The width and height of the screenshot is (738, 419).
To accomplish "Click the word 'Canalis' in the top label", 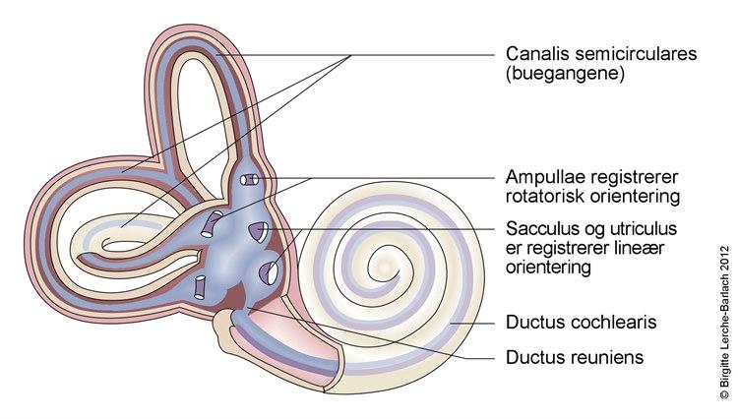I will coord(532,54).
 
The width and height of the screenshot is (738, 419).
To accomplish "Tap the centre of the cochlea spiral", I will coord(382,262).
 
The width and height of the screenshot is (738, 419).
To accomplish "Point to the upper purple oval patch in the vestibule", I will coord(255,231).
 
